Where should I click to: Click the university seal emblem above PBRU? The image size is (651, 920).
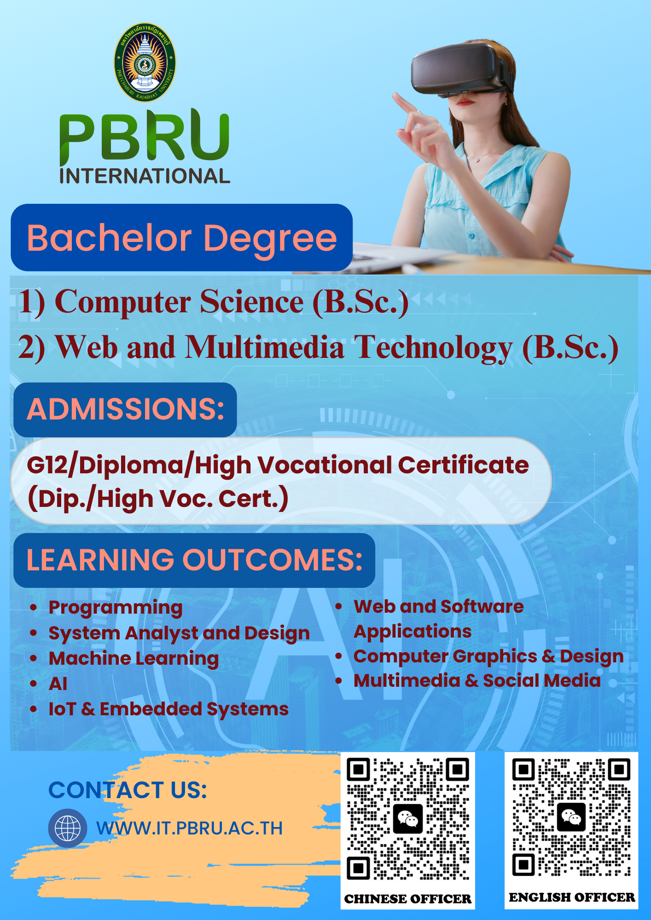[x=145, y=63]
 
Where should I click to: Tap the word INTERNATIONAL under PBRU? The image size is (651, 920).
[x=145, y=176]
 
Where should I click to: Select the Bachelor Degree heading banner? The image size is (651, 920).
[x=182, y=237]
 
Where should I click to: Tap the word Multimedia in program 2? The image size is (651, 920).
[x=265, y=347]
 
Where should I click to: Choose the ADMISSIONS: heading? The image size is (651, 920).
[x=125, y=409]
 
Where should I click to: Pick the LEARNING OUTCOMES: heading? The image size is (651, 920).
[x=194, y=560]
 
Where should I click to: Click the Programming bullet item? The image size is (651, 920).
[x=116, y=608]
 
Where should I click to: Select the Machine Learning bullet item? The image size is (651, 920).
[x=134, y=659]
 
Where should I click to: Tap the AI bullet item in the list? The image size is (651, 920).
[x=58, y=684]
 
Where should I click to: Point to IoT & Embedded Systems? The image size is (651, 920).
[x=169, y=709]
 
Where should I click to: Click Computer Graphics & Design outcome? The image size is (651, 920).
[x=488, y=657]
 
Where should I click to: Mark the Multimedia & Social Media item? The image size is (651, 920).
[x=477, y=681]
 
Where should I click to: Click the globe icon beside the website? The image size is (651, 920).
[x=68, y=828]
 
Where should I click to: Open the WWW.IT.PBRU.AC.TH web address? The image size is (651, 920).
[x=189, y=828]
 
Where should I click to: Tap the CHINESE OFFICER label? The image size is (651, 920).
[x=407, y=899]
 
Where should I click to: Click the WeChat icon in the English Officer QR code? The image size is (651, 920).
[x=571, y=817]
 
